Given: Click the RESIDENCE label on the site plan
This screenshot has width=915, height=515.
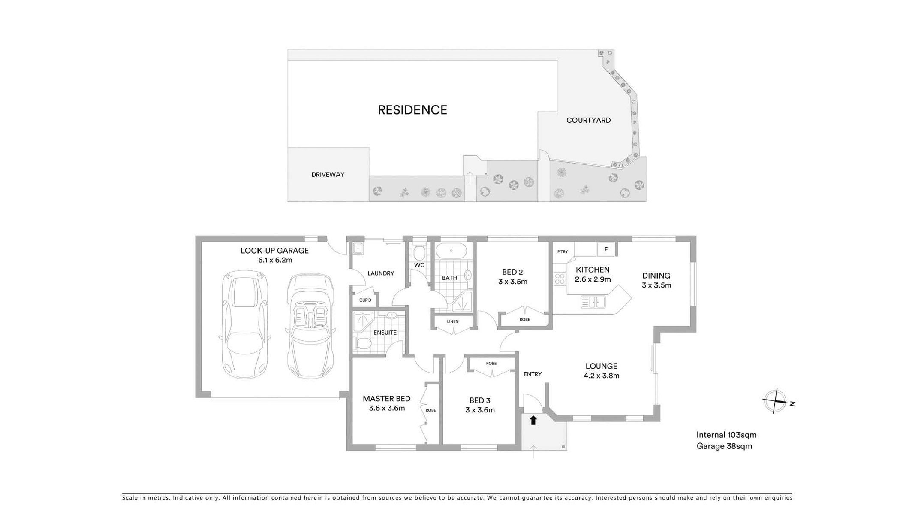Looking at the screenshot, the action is click(x=412, y=110).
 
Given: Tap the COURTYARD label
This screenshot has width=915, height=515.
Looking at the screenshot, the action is click(x=588, y=121).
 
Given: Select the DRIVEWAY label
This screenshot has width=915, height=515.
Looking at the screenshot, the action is click(x=328, y=175).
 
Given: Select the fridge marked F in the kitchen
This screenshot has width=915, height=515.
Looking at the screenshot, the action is click(x=606, y=249).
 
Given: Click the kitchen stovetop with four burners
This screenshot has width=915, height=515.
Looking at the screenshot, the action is click(x=560, y=279).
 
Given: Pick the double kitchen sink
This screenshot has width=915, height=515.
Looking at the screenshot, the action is click(x=593, y=302).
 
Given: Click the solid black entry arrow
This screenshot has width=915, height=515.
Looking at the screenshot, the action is click(x=533, y=420).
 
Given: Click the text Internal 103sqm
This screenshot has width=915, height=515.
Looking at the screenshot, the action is click(x=726, y=435).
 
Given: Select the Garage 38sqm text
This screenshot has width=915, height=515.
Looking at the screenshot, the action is click(x=724, y=446).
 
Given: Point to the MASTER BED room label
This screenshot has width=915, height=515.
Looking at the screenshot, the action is click(x=387, y=399).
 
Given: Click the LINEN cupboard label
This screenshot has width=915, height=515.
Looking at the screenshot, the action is click(x=452, y=321).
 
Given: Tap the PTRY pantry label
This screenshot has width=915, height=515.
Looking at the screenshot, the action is click(x=563, y=252).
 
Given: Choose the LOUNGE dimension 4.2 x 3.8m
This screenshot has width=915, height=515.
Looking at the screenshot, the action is click(x=602, y=376).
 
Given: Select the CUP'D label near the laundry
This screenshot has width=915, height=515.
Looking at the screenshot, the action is click(x=365, y=300).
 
